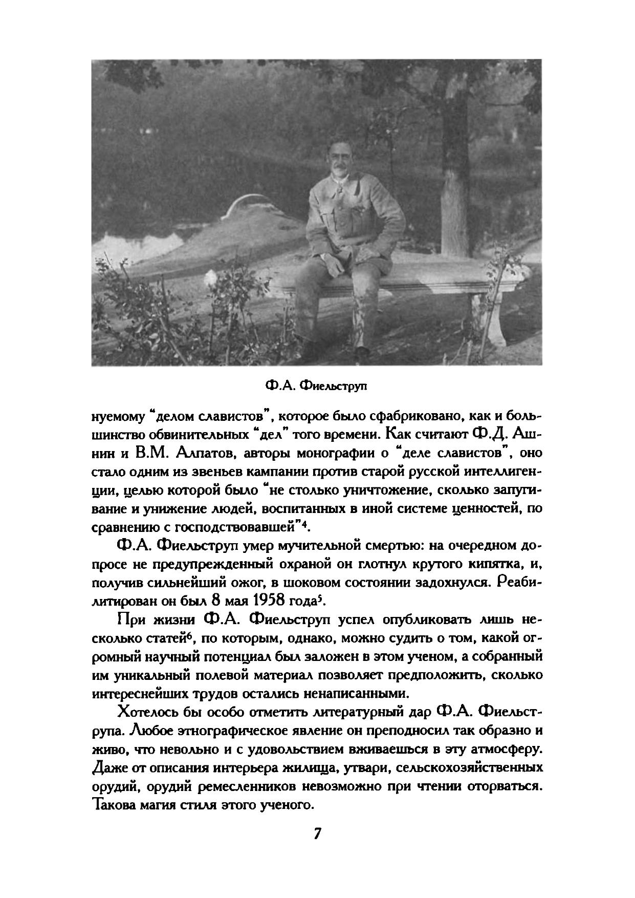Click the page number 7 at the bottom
317,833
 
